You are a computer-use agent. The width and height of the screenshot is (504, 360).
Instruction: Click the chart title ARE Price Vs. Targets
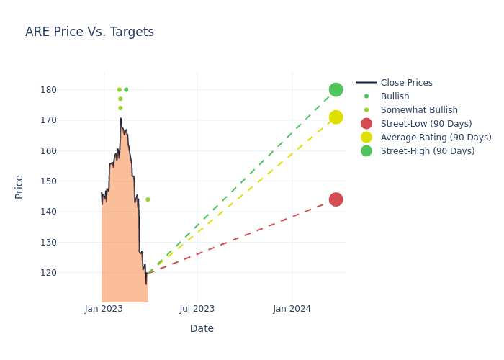tap(89, 32)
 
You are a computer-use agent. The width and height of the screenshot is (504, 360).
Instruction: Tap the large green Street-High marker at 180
tap(336, 89)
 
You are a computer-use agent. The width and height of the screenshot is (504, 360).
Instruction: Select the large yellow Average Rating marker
tap(336, 117)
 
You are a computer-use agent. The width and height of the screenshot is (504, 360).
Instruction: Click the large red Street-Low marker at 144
tap(336, 199)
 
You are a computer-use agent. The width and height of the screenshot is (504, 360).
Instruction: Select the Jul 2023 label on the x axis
tap(197, 309)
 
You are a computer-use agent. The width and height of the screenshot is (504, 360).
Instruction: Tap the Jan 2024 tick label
tap(292, 309)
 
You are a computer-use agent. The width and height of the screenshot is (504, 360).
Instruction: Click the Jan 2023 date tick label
tap(104, 309)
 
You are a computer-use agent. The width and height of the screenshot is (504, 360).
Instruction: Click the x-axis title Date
tap(202, 328)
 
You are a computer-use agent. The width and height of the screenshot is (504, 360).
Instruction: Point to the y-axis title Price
tap(19, 186)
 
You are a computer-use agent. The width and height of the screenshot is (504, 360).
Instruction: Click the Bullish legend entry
tap(395, 96)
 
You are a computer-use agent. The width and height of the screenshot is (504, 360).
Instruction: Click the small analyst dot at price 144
tap(148, 199)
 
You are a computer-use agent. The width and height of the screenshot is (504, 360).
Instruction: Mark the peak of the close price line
tap(121, 119)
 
